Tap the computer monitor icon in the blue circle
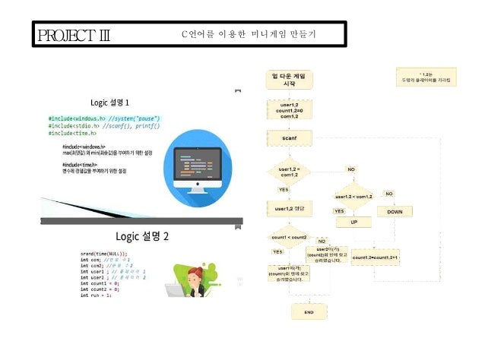(x=197, y=162)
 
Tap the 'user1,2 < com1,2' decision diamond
(x=352, y=197)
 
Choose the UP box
(x=353, y=222)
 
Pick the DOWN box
(x=395, y=212)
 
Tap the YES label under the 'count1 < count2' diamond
(x=277, y=251)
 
